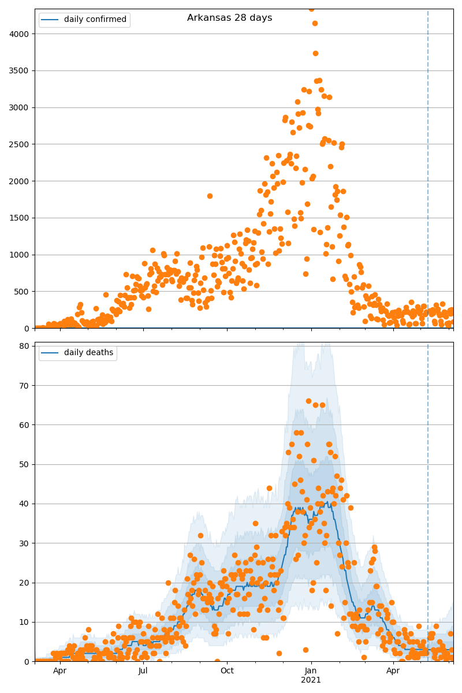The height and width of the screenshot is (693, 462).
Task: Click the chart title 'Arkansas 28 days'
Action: (229, 18)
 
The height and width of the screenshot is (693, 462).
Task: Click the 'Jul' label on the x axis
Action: (143, 671)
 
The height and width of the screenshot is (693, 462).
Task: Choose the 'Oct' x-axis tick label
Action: (227, 671)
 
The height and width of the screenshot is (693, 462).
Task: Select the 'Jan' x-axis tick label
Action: (311, 671)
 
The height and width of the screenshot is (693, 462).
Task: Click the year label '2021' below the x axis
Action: (311, 680)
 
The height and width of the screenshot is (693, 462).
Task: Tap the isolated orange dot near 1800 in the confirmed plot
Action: (210, 196)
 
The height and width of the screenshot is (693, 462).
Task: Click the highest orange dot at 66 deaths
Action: (308, 401)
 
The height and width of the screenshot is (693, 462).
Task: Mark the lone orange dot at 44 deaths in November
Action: (269, 488)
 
